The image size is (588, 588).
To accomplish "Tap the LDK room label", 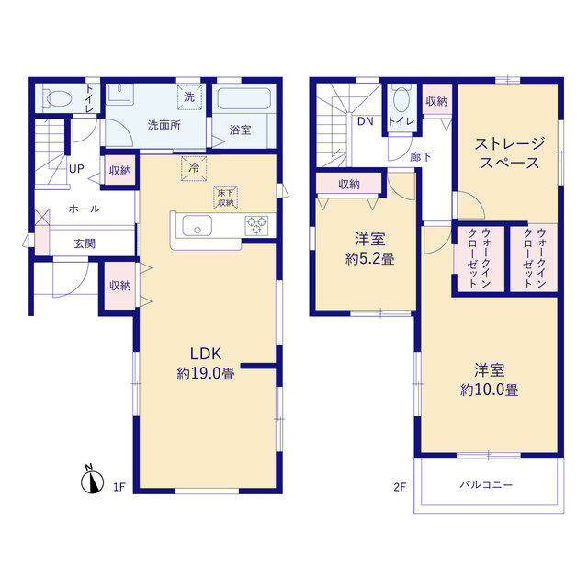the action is click(x=206, y=354).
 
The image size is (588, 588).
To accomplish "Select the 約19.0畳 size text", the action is click(x=206, y=374).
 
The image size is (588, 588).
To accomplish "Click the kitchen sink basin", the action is click(x=197, y=226).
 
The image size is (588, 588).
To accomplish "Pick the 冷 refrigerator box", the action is click(x=194, y=168).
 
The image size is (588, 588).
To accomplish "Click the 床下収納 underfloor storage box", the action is click(x=226, y=198).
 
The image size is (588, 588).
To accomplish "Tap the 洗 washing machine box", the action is click(x=190, y=97).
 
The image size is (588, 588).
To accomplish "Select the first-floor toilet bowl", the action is click(x=59, y=99).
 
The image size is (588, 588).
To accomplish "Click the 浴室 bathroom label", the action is click(x=240, y=130).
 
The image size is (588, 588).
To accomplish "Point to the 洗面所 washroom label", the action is click(x=164, y=125).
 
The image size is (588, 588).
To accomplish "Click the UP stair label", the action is click(x=76, y=169).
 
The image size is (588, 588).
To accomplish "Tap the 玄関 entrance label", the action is click(x=85, y=243).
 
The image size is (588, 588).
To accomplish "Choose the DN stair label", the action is click(x=365, y=121).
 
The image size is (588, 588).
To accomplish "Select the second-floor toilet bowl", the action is click(x=401, y=99).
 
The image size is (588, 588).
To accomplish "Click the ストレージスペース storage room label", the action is click(x=509, y=153).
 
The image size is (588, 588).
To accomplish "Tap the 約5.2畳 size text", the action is click(x=369, y=259).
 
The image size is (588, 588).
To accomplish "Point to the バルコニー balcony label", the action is click(x=486, y=485).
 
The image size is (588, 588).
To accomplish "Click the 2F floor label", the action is click(x=400, y=487).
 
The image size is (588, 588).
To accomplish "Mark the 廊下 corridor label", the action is click(x=421, y=157).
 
